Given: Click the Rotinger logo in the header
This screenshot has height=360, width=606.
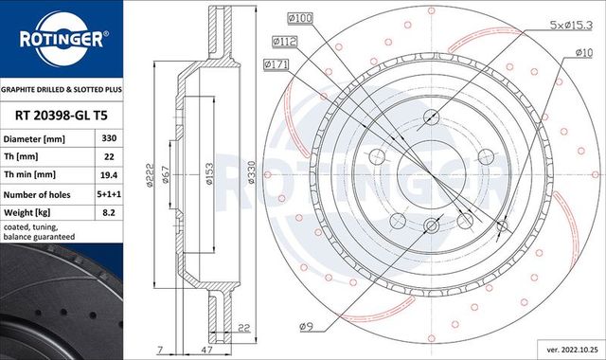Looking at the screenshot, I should click(62, 39).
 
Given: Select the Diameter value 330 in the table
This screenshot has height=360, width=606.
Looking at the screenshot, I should click(109, 137).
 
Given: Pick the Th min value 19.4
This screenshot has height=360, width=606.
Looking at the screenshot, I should click(109, 175).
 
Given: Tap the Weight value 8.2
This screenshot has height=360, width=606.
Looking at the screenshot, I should click(109, 213).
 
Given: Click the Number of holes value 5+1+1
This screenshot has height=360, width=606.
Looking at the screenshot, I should click(109, 194).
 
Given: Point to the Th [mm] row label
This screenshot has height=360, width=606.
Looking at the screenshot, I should click(20, 156).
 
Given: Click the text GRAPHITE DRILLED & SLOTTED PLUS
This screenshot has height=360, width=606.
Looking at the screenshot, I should click(62, 87).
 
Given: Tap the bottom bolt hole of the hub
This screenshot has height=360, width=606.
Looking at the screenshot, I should click(430, 225).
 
